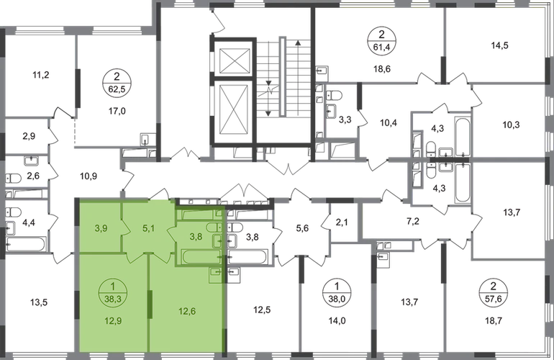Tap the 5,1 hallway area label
point(149,230)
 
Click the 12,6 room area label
point(186,312)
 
